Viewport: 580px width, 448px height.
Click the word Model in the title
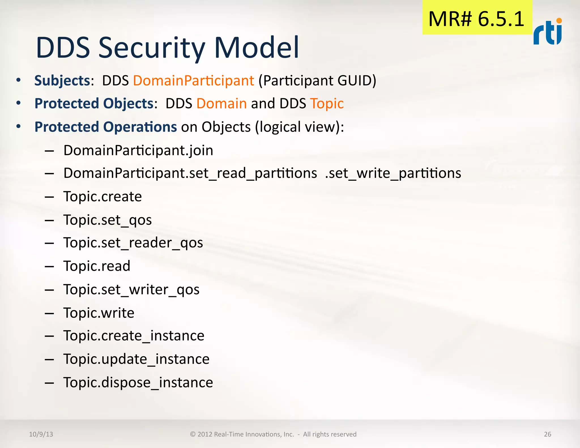257,48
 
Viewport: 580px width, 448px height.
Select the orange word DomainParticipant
193,81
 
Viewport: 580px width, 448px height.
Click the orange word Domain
221,104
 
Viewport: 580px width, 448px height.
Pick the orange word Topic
327,104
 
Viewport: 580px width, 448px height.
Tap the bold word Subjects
62,81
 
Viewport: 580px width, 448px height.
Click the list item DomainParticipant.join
138,150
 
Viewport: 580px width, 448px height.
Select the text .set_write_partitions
393,173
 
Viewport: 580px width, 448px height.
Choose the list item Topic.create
103,197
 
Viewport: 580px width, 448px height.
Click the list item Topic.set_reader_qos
133,243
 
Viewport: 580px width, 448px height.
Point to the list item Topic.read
97,266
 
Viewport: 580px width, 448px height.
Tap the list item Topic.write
99,313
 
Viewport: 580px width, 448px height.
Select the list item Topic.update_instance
136,359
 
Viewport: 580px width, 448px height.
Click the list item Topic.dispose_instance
138,383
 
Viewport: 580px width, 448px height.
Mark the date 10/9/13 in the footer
41,434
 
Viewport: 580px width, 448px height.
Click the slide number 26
547,434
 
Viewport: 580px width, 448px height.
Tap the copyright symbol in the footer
193,434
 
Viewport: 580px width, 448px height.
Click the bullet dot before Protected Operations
19,127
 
